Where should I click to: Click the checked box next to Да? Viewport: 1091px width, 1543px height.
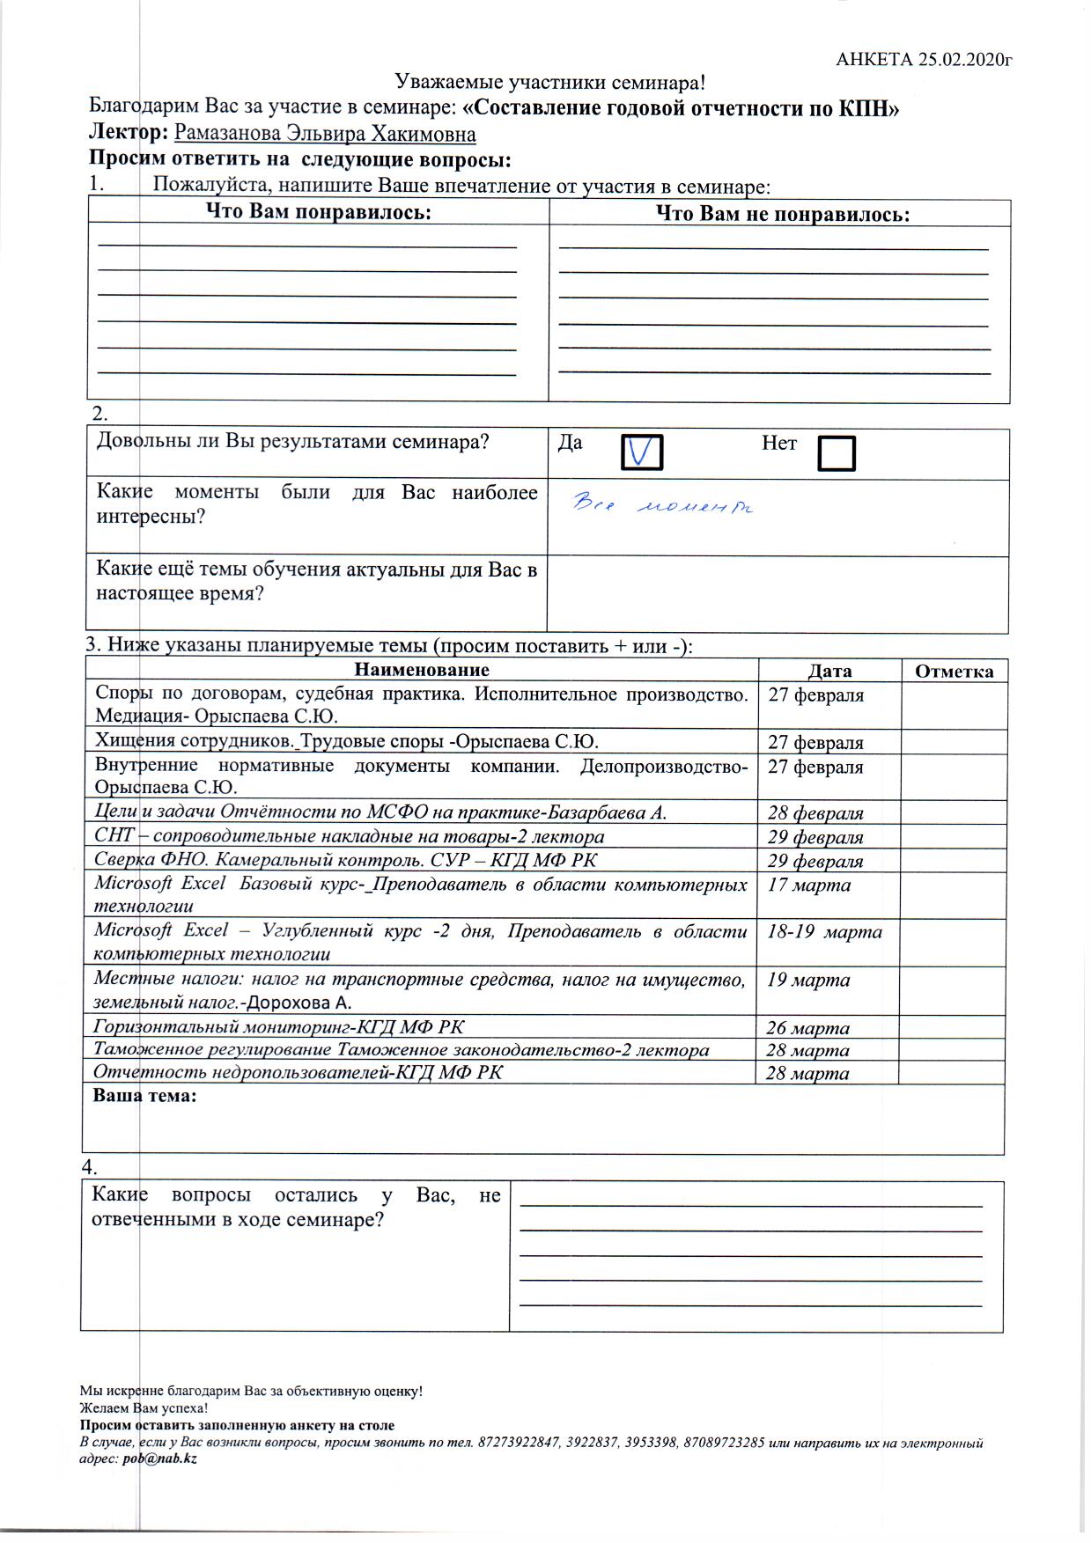point(642,452)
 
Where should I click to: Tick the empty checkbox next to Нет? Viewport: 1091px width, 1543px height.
point(836,453)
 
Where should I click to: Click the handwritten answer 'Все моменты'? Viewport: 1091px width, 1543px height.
point(664,505)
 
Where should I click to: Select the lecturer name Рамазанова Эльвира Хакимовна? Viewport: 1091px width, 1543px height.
point(326,134)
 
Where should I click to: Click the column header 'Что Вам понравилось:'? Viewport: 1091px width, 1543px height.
point(319,212)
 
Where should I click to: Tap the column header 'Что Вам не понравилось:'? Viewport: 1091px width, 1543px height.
point(783,215)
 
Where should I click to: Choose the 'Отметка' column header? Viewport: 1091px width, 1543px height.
point(955,672)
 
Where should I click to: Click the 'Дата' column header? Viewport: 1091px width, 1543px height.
point(829,672)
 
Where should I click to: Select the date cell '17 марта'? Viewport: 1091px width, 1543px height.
point(809,885)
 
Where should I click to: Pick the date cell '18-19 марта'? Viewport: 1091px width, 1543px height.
point(824,932)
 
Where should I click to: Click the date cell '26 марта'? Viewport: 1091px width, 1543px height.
point(807,1028)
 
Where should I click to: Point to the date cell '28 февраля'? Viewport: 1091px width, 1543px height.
point(815,813)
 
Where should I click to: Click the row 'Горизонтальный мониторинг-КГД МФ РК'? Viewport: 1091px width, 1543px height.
point(279,1026)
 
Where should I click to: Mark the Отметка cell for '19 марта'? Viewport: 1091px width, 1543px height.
point(953,991)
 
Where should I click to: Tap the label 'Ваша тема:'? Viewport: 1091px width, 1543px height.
point(144,1097)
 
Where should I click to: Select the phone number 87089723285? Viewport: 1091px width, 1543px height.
point(724,1444)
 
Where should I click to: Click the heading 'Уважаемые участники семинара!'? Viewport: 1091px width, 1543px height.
point(550,83)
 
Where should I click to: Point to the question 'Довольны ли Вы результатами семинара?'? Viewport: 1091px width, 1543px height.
point(292,442)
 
